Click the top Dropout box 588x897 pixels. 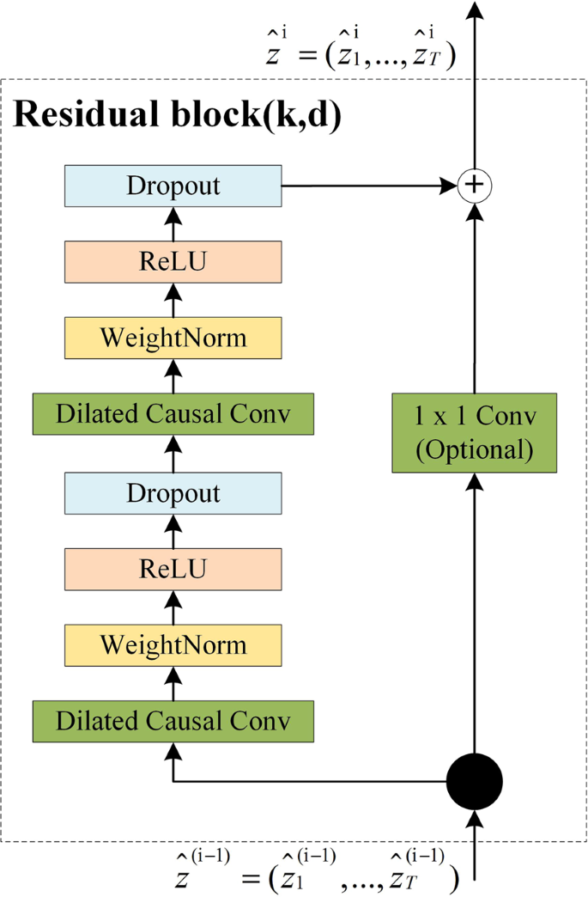click(173, 185)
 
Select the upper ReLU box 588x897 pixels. click(173, 261)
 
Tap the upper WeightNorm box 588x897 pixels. click(173, 338)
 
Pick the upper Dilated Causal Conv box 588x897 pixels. click(173, 413)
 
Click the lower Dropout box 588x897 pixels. click(173, 492)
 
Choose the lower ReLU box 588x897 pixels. click(173, 568)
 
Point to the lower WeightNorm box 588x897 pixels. click(173, 644)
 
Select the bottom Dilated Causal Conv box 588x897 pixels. click(173, 720)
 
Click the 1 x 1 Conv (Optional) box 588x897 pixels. click(475, 432)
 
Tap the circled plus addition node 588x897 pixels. click(474, 185)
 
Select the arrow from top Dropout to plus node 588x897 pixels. click(369, 185)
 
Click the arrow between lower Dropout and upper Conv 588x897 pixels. click(173, 453)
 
